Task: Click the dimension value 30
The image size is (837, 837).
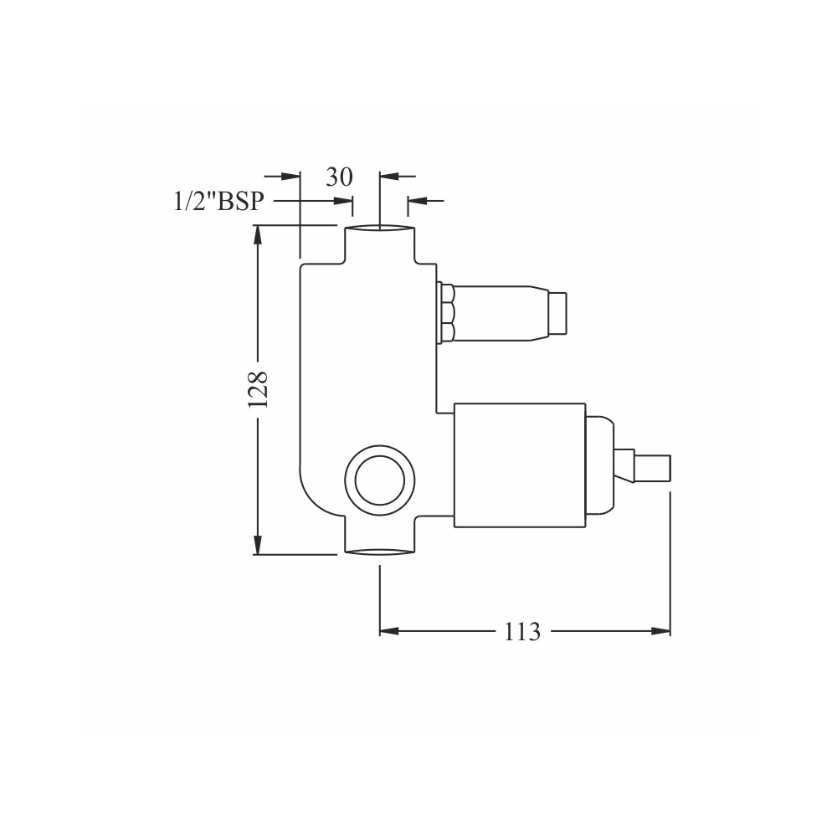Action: tap(340, 177)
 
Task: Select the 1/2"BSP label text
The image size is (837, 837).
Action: tap(218, 201)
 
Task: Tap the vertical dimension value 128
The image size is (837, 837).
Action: tap(258, 390)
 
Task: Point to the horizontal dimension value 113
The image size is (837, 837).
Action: tap(522, 632)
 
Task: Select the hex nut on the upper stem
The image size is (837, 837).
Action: tap(446, 312)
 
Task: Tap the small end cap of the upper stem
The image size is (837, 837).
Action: tap(557, 312)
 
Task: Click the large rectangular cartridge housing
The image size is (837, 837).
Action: tap(520, 465)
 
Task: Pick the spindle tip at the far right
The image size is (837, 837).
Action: tap(652, 468)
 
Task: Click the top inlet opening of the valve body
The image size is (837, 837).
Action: tap(379, 229)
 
